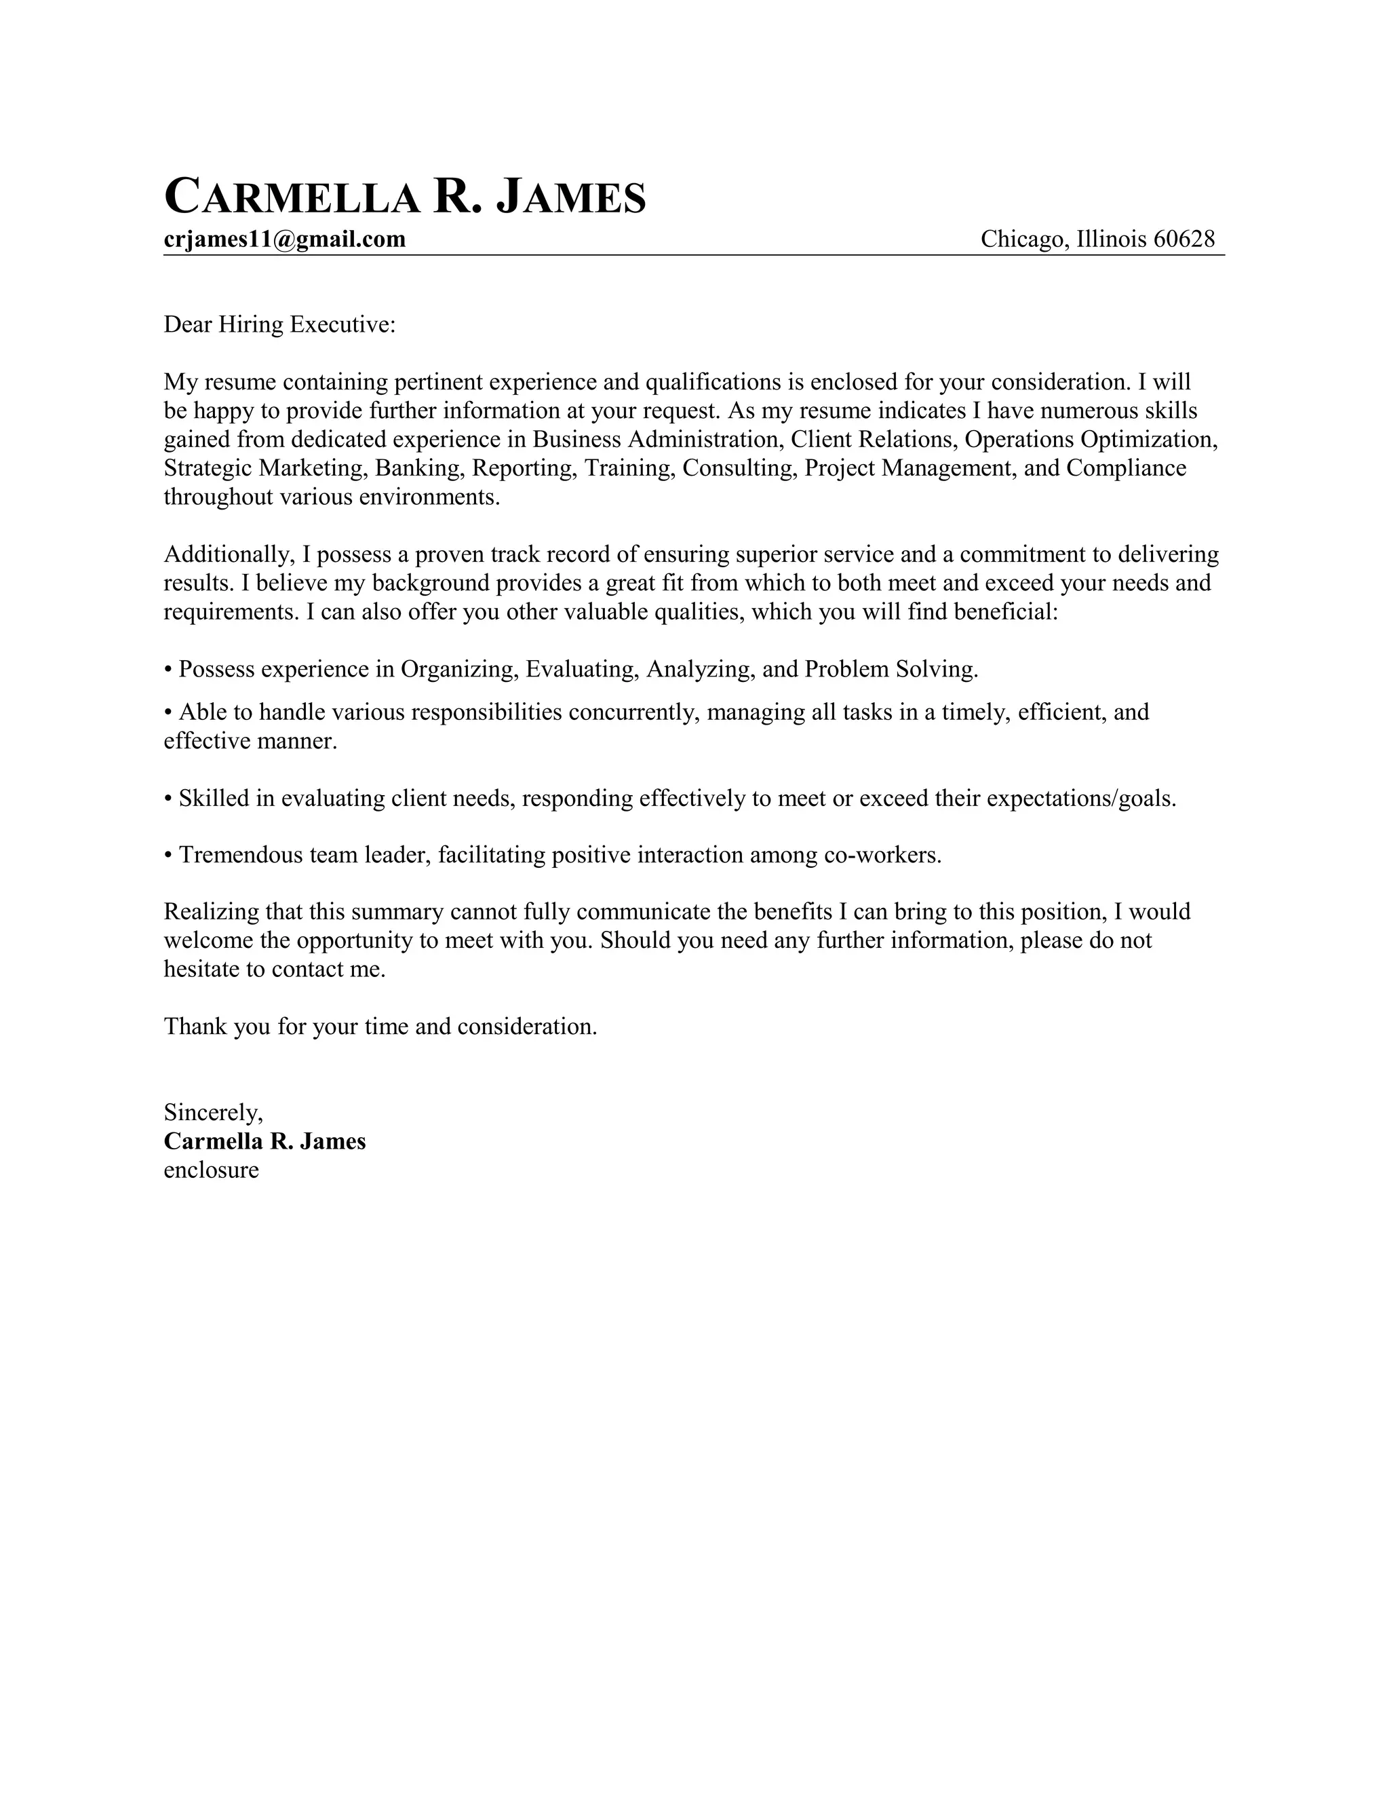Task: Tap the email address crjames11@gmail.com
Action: tap(285, 240)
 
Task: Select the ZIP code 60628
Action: tap(1184, 240)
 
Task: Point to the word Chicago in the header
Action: tap(1025, 240)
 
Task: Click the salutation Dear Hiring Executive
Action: tap(280, 325)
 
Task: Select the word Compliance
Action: tap(1126, 468)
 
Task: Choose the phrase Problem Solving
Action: tap(891, 669)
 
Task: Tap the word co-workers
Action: tap(882, 856)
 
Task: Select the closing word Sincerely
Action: tap(213, 1113)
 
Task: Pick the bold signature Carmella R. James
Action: tap(265, 1141)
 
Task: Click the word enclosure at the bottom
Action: tap(212, 1170)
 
